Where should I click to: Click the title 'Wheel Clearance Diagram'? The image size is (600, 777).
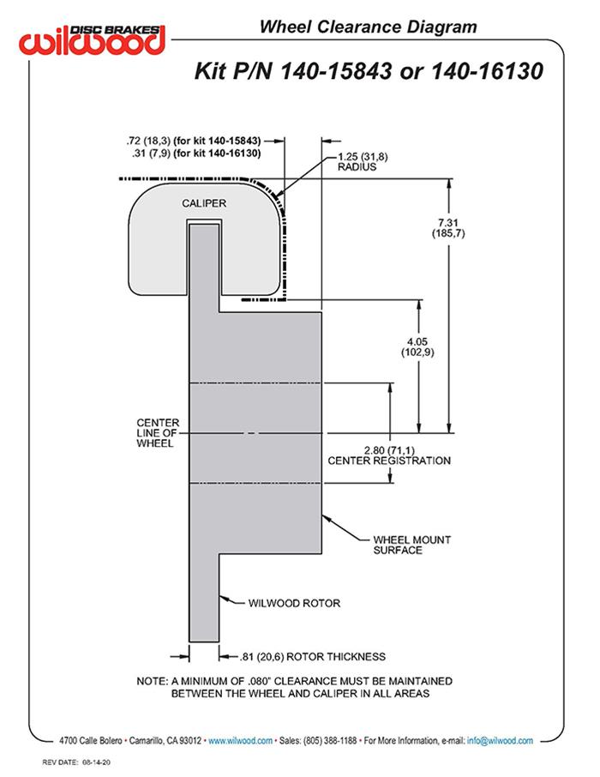point(368,27)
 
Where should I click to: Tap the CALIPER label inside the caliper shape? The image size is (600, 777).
point(203,203)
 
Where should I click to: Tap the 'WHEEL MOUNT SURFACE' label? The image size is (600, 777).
point(411,545)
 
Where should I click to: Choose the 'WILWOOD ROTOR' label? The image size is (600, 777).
point(294,603)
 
